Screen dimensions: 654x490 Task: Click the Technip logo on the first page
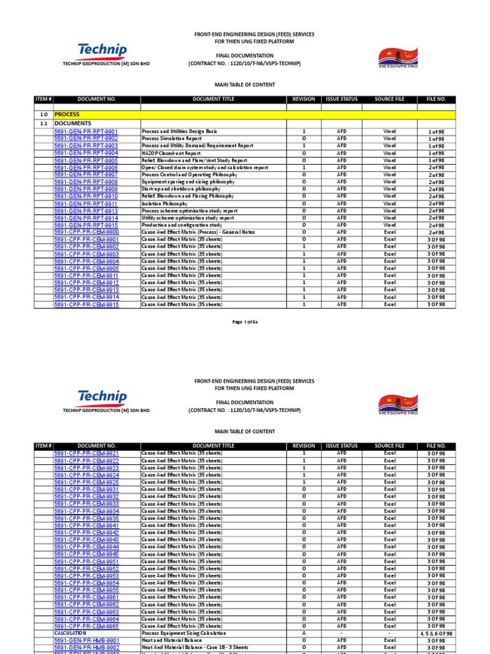pos(101,50)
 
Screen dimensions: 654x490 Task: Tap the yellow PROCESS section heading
pos(67,114)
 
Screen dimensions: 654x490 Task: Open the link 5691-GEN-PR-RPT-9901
pos(86,131)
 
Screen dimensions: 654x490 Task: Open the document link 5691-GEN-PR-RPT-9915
pos(86,225)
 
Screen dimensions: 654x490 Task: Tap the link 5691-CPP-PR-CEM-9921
pos(86,453)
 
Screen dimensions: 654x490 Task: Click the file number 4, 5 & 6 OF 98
pos(436,633)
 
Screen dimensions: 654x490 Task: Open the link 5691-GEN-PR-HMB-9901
pos(86,640)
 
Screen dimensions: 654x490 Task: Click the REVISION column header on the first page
pos(304,100)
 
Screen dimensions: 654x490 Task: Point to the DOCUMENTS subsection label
pos(73,123)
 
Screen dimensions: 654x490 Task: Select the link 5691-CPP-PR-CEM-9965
pos(86,626)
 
